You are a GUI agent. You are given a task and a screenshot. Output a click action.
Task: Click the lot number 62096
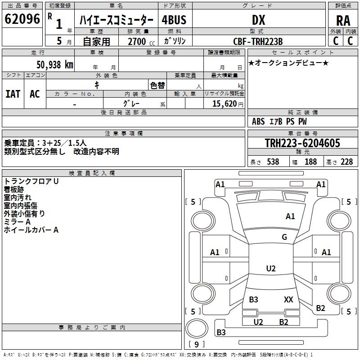(x=22, y=19)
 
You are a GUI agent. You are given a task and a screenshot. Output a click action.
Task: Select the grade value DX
(x=258, y=20)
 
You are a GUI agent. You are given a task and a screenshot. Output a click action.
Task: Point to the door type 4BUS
(x=174, y=20)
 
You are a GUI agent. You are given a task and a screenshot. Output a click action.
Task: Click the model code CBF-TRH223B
(x=258, y=41)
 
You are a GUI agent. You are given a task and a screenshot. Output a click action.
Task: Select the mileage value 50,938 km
(x=54, y=65)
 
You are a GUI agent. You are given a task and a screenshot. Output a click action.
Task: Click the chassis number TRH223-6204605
(x=302, y=143)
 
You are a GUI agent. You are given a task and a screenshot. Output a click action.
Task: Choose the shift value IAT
(x=13, y=94)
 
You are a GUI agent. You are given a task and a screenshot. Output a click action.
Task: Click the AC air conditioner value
(x=35, y=94)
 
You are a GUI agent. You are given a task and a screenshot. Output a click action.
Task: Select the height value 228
(x=346, y=162)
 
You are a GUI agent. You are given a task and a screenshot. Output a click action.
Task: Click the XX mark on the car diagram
(x=288, y=300)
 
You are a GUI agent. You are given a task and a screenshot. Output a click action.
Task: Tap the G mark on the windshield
(x=284, y=237)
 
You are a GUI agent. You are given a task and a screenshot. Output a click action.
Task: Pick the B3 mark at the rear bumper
(x=221, y=333)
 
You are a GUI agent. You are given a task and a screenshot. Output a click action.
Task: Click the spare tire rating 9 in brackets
(x=196, y=344)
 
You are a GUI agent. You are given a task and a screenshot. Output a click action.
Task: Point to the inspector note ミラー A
(x=17, y=222)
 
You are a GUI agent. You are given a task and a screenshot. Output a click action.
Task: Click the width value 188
(x=310, y=162)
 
